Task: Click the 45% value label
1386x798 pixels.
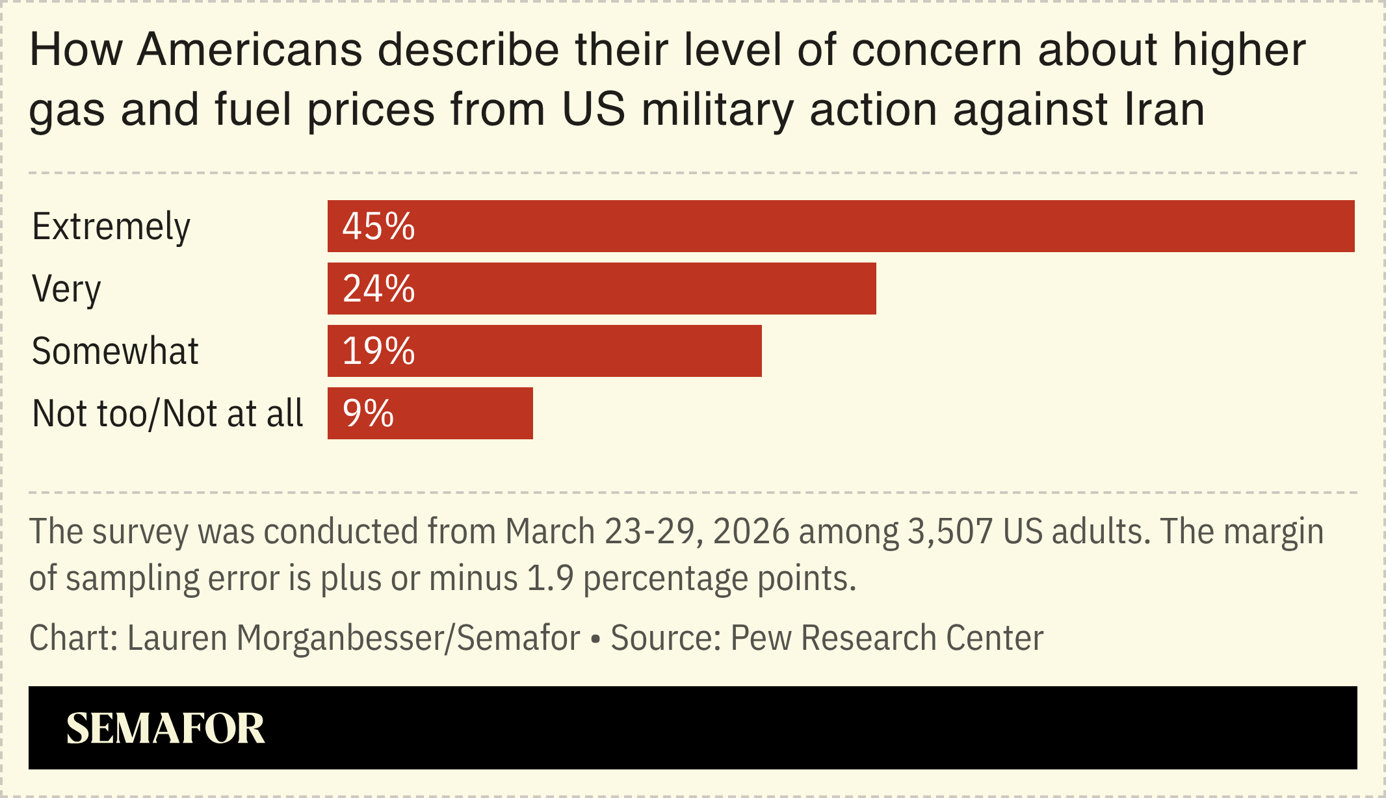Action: [x=378, y=226]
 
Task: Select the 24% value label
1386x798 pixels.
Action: [x=378, y=289]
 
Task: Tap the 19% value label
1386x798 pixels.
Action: [x=378, y=351]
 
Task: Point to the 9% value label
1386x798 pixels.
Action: [x=368, y=413]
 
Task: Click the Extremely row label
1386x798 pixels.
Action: [x=111, y=227]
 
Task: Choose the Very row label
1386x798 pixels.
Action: [x=66, y=289]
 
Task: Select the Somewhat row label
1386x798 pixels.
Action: [x=115, y=352]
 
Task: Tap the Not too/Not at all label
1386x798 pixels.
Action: [x=167, y=414]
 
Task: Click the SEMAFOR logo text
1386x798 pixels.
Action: [x=165, y=728]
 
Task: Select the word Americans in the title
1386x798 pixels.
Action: [x=250, y=50]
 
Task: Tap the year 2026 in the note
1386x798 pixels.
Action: [x=751, y=532]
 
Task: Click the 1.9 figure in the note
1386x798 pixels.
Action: [x=550, y=578]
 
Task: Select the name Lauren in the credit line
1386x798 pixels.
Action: [x=177, y=638]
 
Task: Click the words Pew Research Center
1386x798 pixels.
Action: [x=887, y=638]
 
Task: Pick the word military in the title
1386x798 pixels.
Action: [x=718, y=109]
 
